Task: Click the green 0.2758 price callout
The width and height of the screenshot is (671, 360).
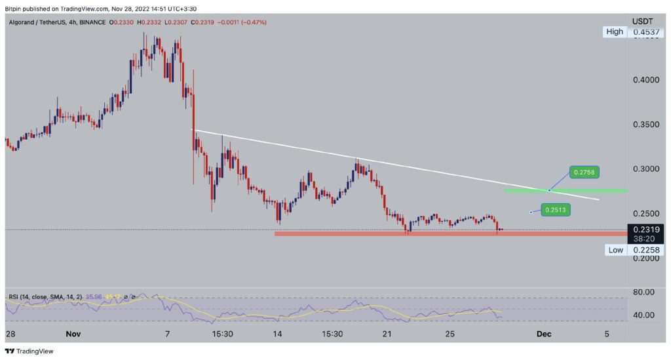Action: (584, 172)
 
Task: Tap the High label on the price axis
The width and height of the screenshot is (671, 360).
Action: (614, 31)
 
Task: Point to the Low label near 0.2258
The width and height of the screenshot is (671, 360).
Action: (615, 250)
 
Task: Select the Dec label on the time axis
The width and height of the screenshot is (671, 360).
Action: (544, 334)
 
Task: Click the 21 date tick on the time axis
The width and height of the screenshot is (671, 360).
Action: (387, 334)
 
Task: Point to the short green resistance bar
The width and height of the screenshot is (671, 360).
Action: (566, 191)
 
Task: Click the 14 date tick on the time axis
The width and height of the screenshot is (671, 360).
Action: (278, 334)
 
